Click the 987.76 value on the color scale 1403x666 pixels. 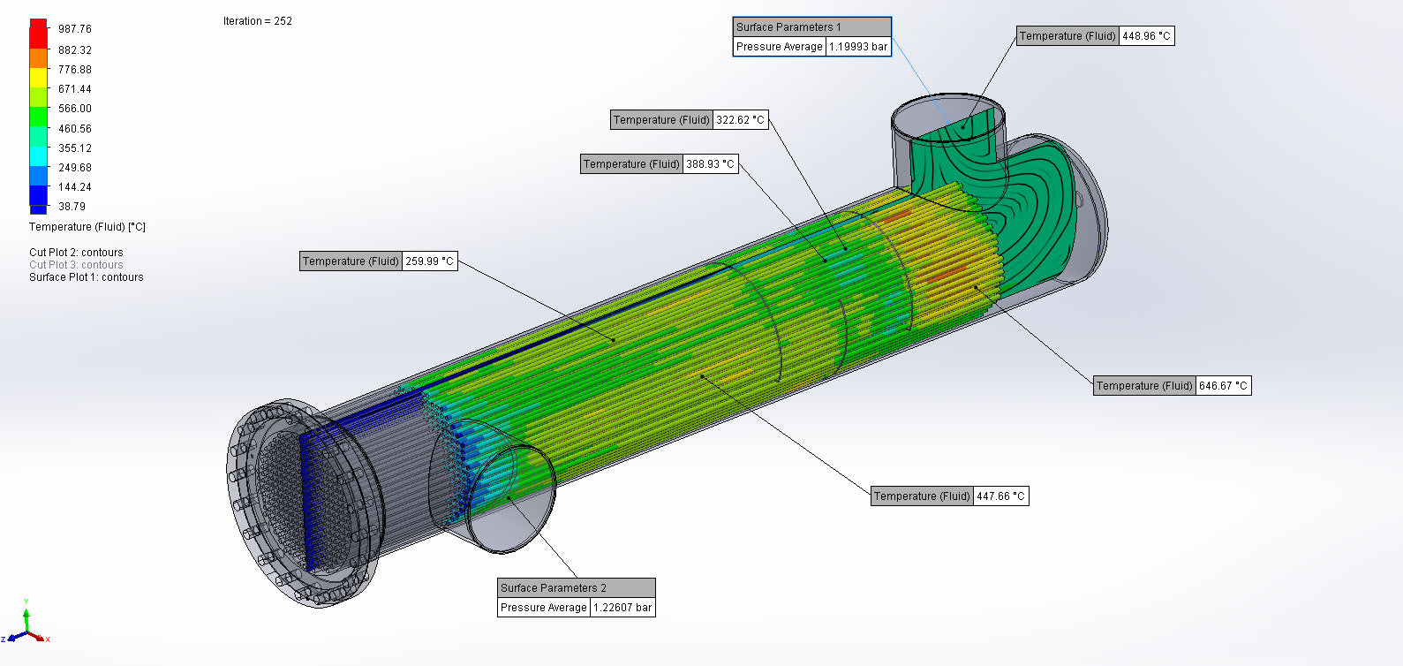(x=74, y=29)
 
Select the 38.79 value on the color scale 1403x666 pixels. (x=72, y=207)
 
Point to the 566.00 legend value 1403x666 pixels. (x=74, y=109)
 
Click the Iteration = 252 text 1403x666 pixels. (x=257, y=21)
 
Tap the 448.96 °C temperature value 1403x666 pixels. (x=1146, y=36)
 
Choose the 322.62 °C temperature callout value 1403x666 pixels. (x=740, y=120)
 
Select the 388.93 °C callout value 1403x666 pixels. (x=710, y=164)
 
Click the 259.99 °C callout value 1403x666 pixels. (x=429, y=261)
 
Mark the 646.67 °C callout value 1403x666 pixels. (x=1223, y=386)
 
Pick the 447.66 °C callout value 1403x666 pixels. (x=1000, y=496)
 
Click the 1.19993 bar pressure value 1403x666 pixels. (x=857, y=47)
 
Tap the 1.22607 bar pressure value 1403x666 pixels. (x=622, y=608)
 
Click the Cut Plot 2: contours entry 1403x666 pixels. (x=76, y=253)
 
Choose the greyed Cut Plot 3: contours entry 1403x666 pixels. (x=76, y=265)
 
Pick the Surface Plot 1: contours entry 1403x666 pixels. (x=86, y=277)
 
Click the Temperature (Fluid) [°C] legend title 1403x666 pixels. (x=87, y=227)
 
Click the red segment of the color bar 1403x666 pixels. (x=38, y=34)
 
